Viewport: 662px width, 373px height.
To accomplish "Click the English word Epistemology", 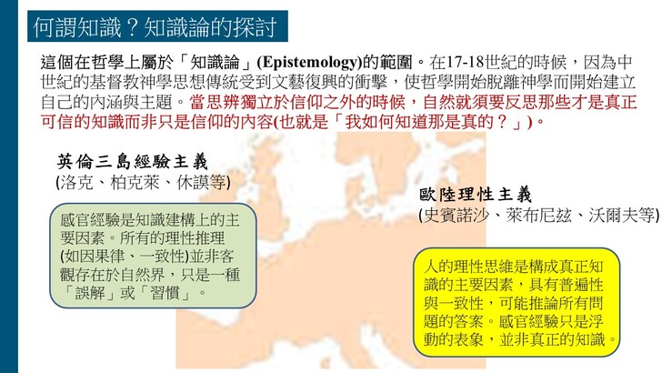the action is [x=309, y=63].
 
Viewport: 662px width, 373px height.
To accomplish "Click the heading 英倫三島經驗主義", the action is [x=133, y=161].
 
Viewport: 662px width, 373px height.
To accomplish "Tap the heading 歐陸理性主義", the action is [x=476, y=195].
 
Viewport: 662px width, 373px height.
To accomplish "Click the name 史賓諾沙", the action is [x=456, y=216].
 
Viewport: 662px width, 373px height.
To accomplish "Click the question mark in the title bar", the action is [x=132, y=27].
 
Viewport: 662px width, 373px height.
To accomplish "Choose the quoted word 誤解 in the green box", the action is [x=90, y=292].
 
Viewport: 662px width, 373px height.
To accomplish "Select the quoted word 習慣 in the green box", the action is [x=165, y=292].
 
